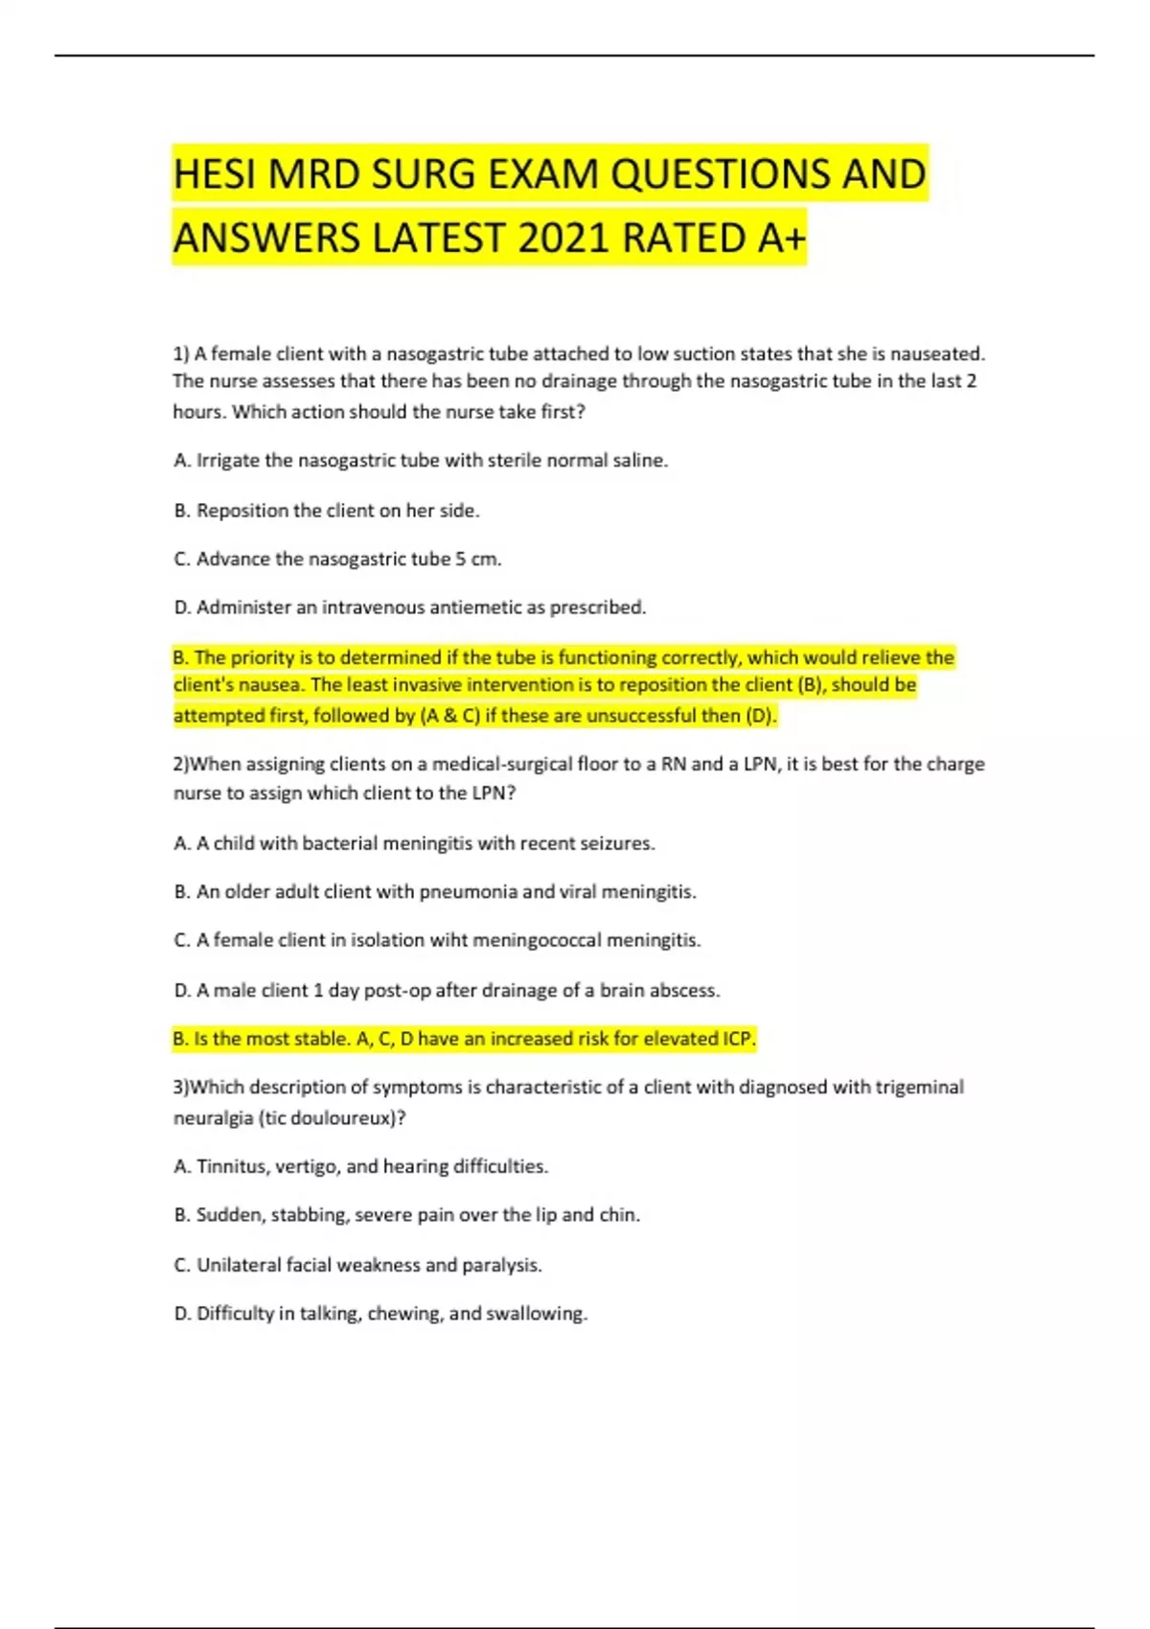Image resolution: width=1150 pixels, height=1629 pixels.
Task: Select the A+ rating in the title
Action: [781, 238]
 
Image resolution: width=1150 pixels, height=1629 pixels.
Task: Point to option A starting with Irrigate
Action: [421, 461]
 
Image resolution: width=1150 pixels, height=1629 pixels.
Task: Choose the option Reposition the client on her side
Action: [327, 511]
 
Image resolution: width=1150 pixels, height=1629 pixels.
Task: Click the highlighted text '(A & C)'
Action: [450, 716]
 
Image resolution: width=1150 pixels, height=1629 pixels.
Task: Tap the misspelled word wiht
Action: [449, 940]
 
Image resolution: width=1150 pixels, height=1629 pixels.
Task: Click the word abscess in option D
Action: [686, 990]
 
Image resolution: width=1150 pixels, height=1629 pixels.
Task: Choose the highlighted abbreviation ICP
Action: [738, 1039]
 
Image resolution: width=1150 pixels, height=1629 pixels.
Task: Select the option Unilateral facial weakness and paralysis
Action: [358, 1265]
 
